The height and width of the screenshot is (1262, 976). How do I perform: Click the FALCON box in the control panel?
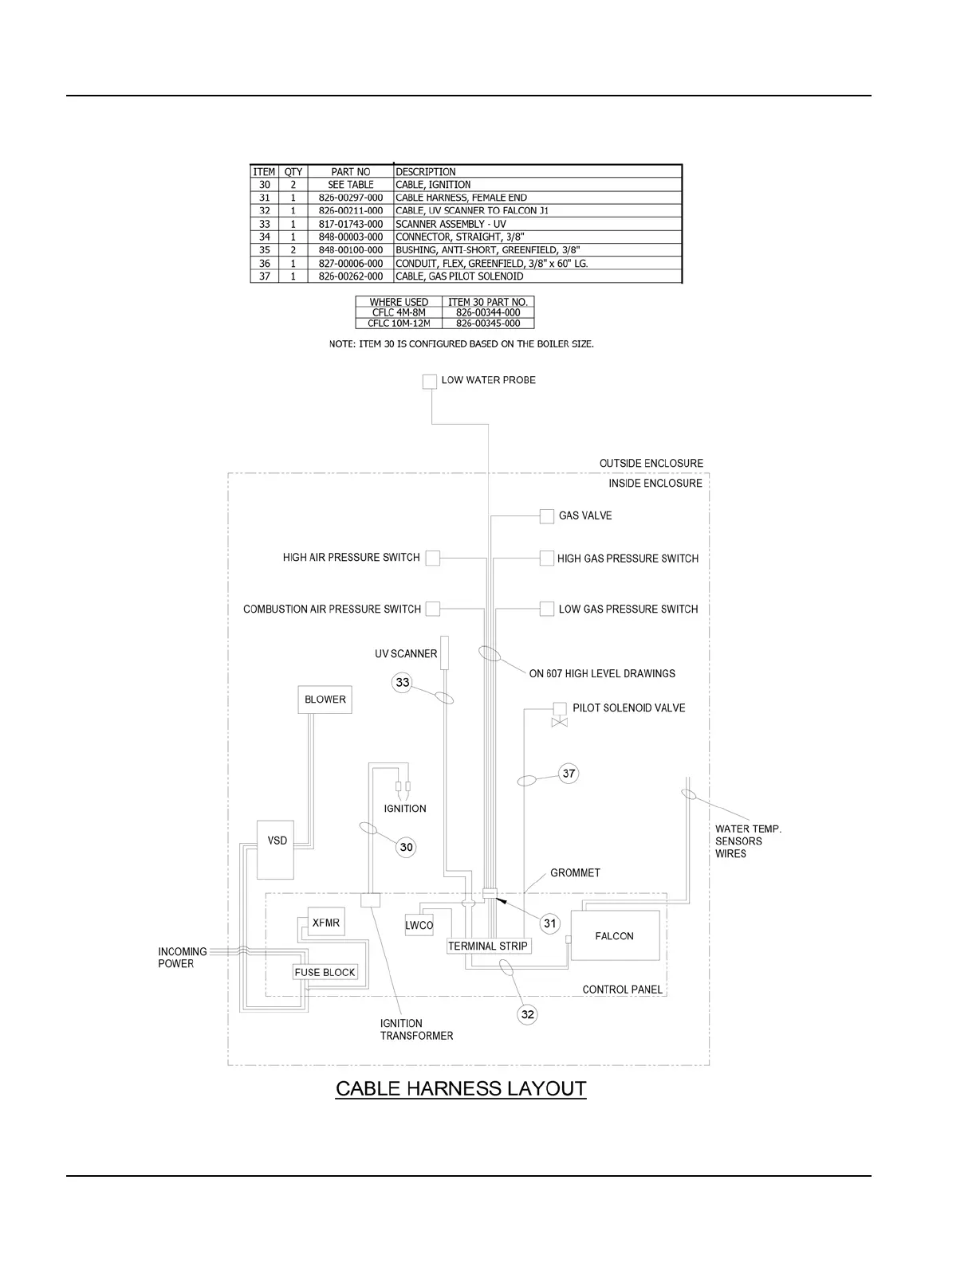(614, 936)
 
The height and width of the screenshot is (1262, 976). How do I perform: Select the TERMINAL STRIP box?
(488, 946)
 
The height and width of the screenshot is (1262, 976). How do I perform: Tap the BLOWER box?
(325, 700)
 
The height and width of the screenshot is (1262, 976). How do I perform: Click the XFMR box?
(325, 923)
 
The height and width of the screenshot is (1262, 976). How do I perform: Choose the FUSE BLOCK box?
(325, 972)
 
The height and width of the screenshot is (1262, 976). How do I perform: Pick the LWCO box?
(419, 925)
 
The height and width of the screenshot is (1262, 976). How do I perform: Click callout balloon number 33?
(403, 683)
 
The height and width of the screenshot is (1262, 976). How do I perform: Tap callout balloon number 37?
(569, 774)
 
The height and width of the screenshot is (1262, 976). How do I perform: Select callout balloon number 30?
(407, 847)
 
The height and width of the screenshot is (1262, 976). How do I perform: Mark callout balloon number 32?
(527, 1014)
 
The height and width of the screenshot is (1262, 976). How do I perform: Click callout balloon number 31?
(549, 923)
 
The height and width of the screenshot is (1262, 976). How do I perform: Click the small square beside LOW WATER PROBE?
(430, 381)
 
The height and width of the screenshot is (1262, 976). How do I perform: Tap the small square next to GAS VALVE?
(547, 516)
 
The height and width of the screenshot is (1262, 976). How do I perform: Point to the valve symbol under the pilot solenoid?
(560, 722)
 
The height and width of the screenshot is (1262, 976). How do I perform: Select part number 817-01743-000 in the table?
(351, 224)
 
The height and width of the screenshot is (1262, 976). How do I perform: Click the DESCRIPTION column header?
(426, 171)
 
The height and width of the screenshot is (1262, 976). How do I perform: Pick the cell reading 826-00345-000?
(488, 323)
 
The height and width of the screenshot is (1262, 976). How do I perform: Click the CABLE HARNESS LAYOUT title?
(461, 1088)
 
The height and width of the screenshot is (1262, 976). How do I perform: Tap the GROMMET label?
(575, 872)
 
